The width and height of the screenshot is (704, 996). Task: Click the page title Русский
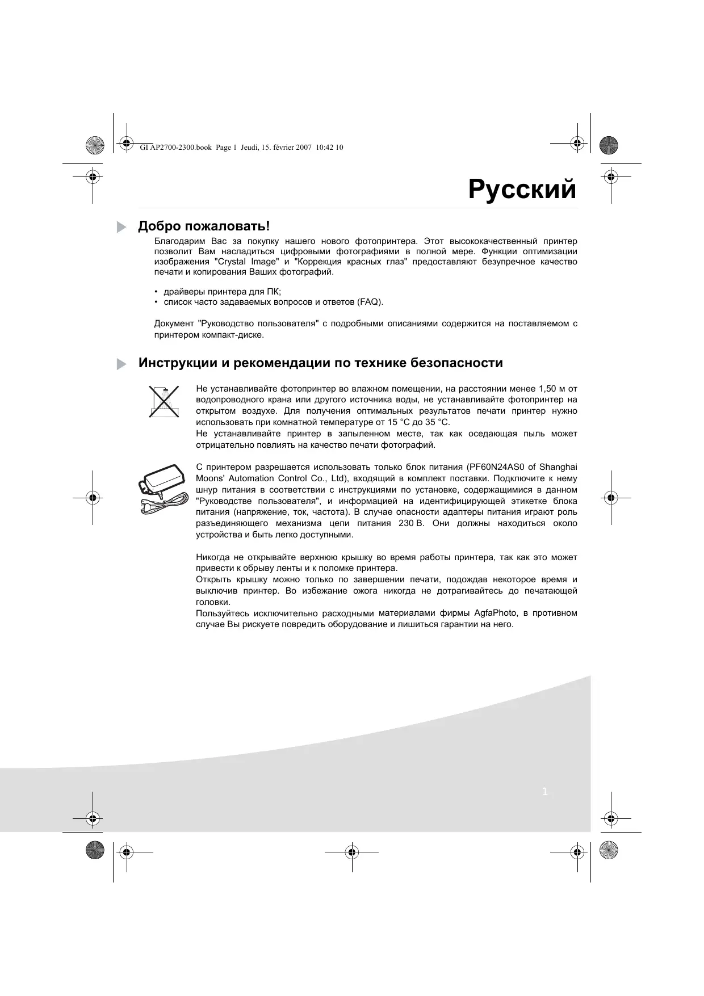pos(522,190)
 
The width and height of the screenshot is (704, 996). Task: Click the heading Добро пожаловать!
pos(204,226)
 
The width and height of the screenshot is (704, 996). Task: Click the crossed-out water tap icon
pos(164,401)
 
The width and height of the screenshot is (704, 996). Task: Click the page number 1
pos(545,792)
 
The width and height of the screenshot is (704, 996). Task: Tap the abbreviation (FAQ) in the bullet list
pos(370,302)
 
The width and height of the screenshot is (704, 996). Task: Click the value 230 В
pos(412,523)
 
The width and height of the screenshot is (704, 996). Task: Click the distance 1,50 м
pos(546,389)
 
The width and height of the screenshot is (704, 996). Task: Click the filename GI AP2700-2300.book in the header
pos(175,148)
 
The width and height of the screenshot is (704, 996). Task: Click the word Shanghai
pos(558,467)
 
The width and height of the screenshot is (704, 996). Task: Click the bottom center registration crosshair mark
pos(351,852)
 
